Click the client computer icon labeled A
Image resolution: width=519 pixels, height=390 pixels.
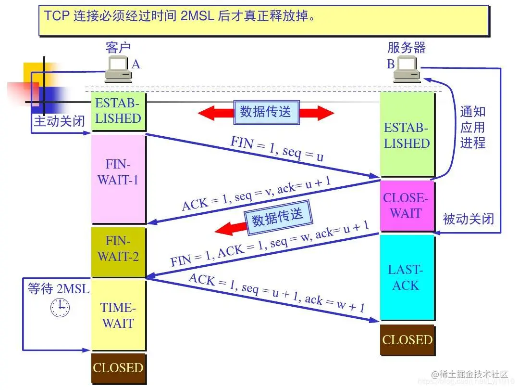118,68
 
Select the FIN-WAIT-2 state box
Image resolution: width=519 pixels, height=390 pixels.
118,248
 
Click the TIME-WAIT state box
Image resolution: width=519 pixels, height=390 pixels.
118,315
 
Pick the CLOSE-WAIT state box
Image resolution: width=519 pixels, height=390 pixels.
406,206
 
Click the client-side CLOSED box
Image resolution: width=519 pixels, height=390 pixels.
118,368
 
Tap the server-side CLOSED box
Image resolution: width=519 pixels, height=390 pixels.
407,340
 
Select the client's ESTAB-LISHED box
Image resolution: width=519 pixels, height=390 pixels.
118,111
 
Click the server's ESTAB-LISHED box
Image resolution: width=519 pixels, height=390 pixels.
407,136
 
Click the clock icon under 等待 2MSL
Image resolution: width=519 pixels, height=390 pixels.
60,307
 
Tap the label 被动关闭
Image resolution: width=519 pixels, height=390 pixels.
468,219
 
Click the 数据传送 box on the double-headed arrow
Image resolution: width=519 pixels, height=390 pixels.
266,112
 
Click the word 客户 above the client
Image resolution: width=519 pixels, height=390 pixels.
118,47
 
